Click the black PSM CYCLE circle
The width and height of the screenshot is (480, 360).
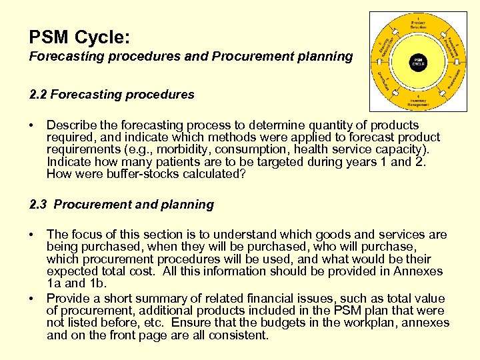(x=418, y=61)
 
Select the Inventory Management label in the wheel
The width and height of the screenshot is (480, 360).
(x=418, y=101)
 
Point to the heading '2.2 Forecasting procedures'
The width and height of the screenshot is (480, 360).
(x=112, y=95)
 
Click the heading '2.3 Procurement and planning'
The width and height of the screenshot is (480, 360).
(x=121, y=205)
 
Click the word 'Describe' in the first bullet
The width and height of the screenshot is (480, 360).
(x=71, y=125)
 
